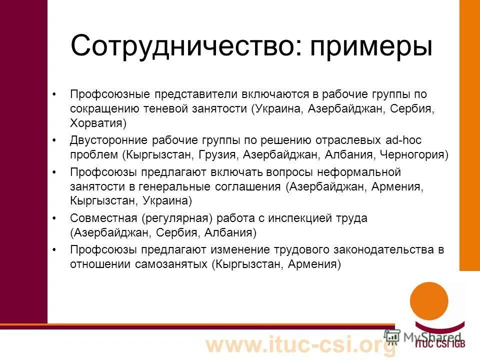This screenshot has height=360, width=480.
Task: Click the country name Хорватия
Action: pyautogui.click(x=98, y=122)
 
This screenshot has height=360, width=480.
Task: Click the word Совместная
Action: pyautogui.click(x=103, y=218)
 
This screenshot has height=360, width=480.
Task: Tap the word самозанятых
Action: pyautogui.click(x=170, y=263)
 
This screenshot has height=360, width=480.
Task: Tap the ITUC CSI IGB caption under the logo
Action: pyautogui.click(x=443, y=345)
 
